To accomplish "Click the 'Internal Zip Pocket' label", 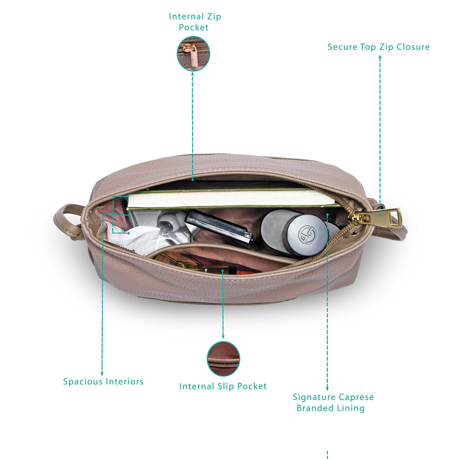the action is click(195, 22).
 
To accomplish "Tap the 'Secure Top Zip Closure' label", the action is click(379, 47).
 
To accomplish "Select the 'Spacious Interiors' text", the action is click(103, 382).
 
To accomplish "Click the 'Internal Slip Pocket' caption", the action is click(223, 386).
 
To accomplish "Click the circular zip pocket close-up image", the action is click(193, 54).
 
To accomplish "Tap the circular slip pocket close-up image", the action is click(223, 359).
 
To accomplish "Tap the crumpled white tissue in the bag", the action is click(135, 239).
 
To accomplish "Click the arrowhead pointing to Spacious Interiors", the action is click(102, 374).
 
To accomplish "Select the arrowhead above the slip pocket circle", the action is click(223, 336).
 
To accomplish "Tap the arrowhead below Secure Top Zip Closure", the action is click(380, 57).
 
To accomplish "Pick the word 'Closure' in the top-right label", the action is click(413, 47).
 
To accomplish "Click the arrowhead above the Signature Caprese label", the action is click(327, 389).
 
